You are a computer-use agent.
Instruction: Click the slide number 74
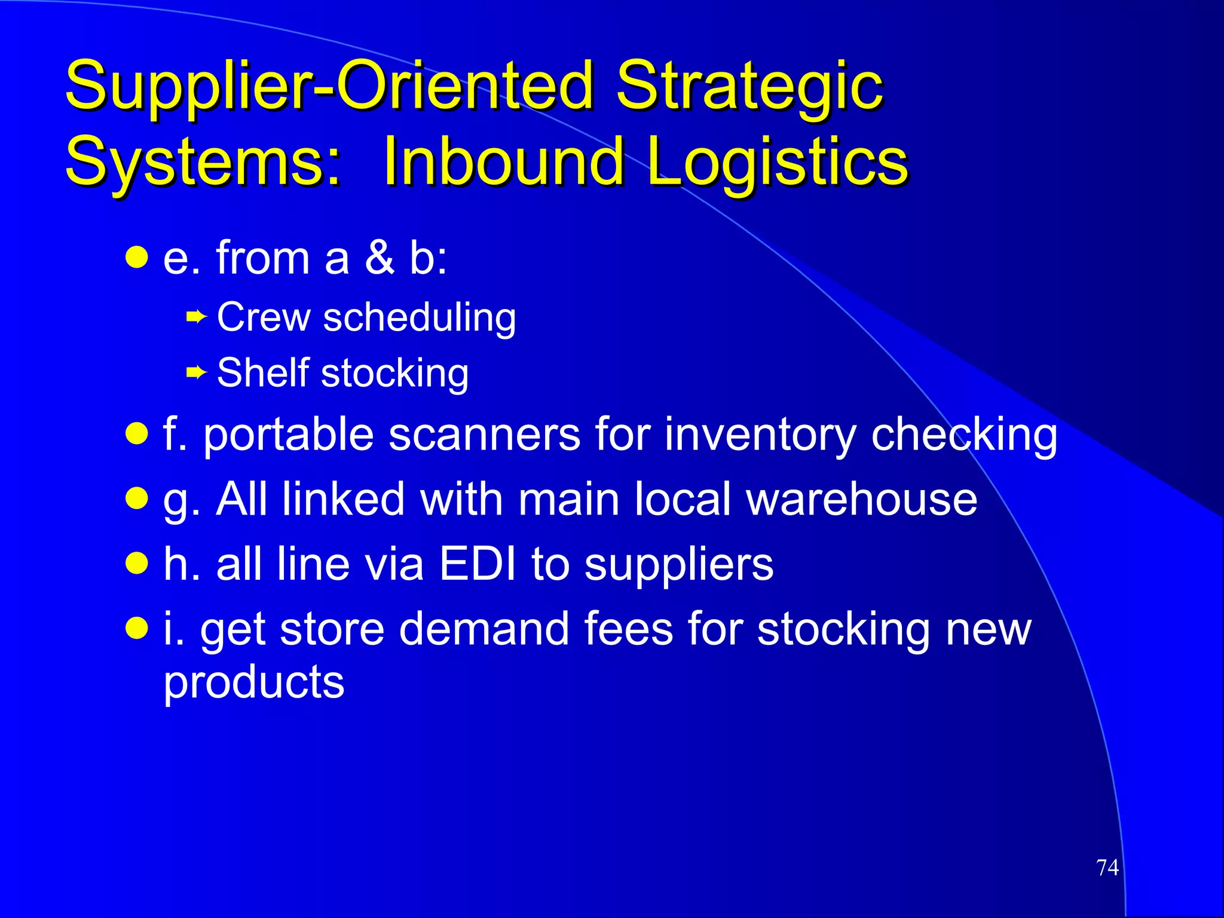pos(1107,867)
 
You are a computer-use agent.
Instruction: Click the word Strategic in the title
pos(749,87)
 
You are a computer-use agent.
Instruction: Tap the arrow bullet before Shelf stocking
pos(196,373)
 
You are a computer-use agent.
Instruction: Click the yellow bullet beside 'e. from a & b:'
pos(137,258)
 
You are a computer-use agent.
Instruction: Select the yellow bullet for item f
pos(137,434)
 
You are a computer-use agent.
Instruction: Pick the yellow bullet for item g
pos(137,498)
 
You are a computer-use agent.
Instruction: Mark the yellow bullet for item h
pos(137,563)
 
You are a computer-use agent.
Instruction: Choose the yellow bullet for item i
pos(137,628)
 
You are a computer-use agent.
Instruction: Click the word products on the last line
pos(254,682)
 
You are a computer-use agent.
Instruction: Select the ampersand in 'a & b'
pos(380,258)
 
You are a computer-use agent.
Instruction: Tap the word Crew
pos(264,317)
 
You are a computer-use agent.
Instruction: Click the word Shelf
pos(263,373)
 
